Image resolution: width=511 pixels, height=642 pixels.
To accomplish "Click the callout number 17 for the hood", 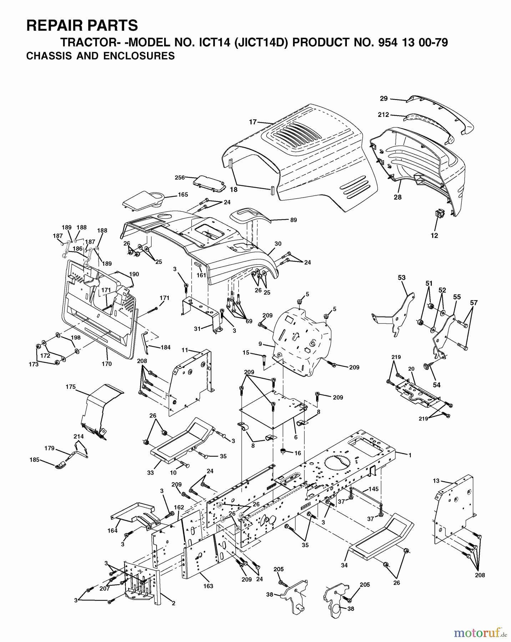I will pyautogui.click(x=253, y=122).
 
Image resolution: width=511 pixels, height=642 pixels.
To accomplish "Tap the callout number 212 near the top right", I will pyautogui.click(x=383, y=115).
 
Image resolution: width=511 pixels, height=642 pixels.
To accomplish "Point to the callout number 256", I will pyautogui.click(x=180, y=177).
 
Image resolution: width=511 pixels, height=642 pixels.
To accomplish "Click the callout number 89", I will pyautogui.click(x=293, y=220).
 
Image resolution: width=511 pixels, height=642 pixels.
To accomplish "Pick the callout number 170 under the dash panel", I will pyautogui.click(x=107, y=364).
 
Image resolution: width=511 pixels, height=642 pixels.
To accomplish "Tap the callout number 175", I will pyautogui.click(x=71, y=387).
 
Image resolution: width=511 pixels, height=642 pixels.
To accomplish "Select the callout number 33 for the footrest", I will pyautogui.click(x=150, y=473).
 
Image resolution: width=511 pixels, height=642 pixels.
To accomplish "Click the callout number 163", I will pyautogui.click(x=208, y=586).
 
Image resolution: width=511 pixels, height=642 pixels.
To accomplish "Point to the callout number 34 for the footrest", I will pyautogui.click(x=344, y=565).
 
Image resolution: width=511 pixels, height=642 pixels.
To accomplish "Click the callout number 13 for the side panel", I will pyautogui.click(x=436, y=481).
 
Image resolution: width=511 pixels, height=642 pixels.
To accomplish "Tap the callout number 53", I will pyautogui.click(x=401, y=277).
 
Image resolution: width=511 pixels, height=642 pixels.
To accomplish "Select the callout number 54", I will pyautogui.click(x=437, y=385).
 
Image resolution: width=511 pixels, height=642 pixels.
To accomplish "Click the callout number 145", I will pyautogui.click(x=374, y=489).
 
